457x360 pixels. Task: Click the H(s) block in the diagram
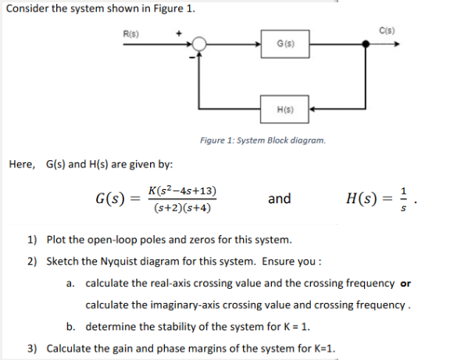pos(284,109)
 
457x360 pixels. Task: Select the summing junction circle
pos(201,44)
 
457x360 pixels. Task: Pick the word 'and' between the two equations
pos(279,198)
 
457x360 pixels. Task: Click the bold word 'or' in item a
pos(405,282)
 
